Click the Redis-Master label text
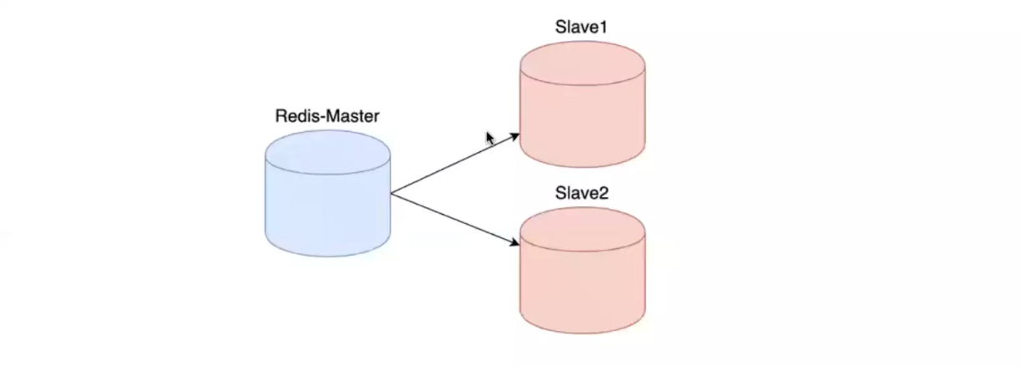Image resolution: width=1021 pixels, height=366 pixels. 327,116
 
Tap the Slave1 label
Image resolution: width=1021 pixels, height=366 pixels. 581,27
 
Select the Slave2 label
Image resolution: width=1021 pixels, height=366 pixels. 582,193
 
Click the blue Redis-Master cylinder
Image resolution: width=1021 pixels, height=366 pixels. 328,201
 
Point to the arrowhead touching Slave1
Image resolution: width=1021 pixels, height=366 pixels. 514,135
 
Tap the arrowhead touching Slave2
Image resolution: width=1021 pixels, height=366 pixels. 514,244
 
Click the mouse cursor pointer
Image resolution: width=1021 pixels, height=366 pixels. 490,138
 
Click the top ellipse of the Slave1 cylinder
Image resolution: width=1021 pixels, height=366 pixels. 582,63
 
